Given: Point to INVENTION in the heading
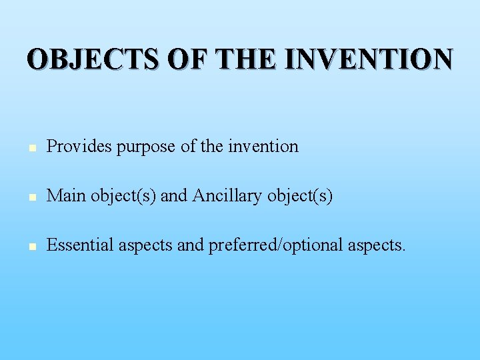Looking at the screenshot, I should pos(369,59).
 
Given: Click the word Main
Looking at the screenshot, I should pos(67,196).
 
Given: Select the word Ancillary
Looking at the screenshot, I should pos(227,196).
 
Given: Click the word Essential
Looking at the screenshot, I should pos(81,245).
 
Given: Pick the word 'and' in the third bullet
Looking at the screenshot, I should pos(191,245).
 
